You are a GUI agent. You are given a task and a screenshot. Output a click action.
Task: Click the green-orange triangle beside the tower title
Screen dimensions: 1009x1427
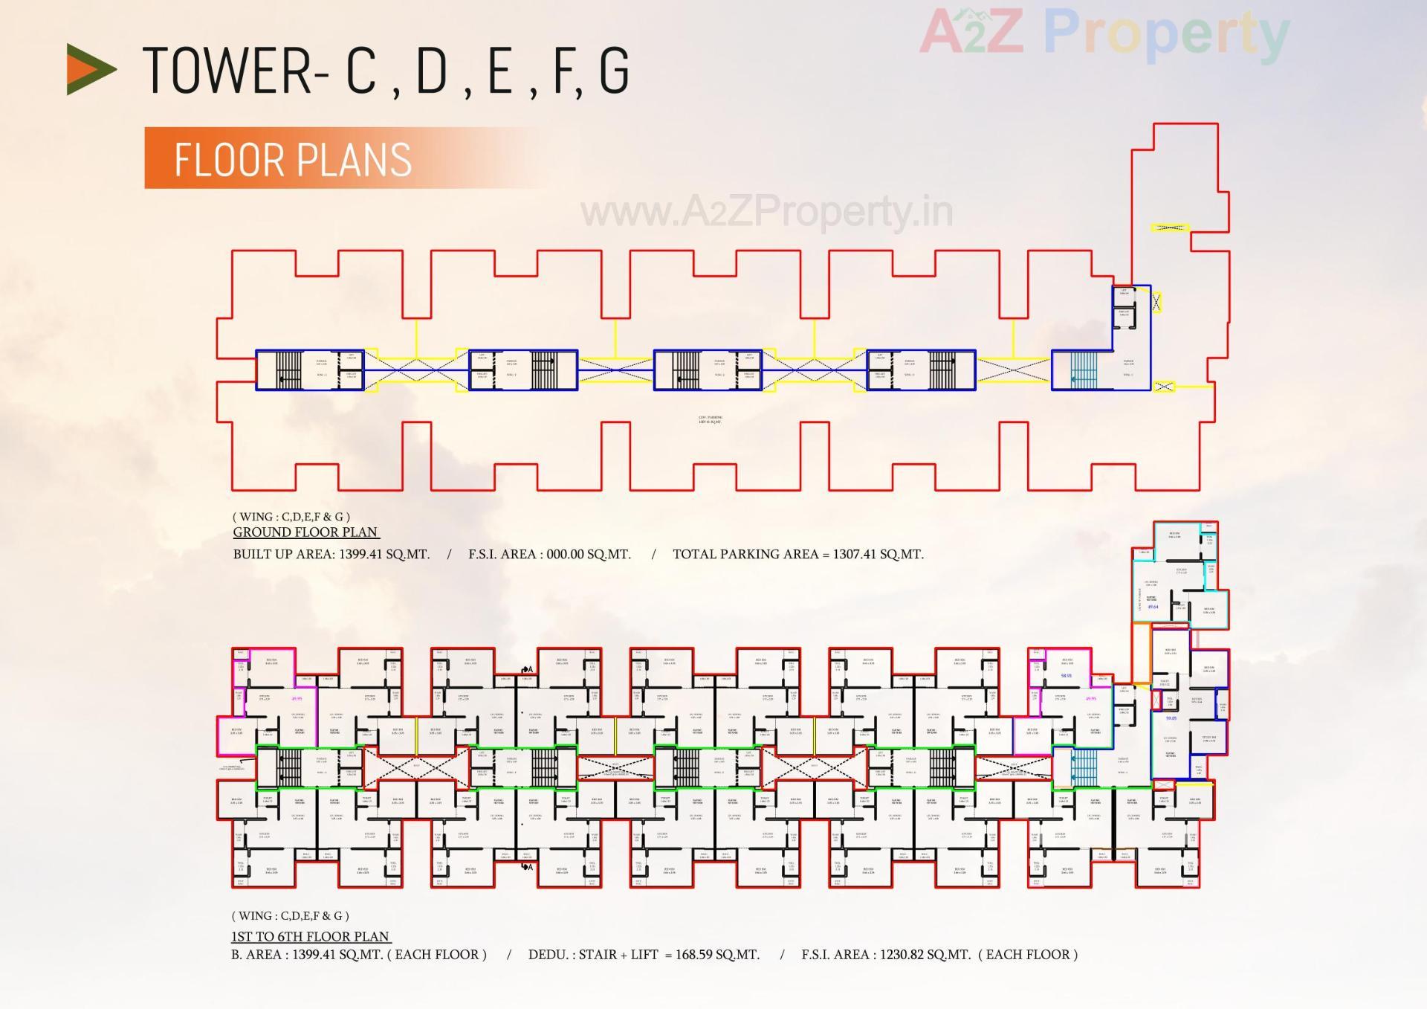pyautogui.click(x=91, y=69)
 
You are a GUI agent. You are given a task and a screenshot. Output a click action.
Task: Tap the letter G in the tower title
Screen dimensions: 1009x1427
pyautogui.click(x=614, y=71)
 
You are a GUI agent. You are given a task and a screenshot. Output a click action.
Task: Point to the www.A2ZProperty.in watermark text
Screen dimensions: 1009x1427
pyautogui.click(x=766, y=212)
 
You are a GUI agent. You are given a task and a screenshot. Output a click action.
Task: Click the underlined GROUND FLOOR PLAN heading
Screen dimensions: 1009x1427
pyautogui.click(x=305, y=532)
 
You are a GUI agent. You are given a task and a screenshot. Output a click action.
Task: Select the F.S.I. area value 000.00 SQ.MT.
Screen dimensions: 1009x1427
pyautogui.click(x=589, y=555)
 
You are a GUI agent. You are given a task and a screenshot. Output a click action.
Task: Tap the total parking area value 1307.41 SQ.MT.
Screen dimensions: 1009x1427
pyautogui.click(x=878, y=555)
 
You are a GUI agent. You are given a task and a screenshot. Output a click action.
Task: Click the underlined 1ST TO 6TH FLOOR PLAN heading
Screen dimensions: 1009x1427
pyautogui.click(x=311, y=937)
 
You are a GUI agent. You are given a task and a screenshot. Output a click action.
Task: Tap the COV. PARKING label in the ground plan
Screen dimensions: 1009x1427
pyautogui.click(x=711, y=419)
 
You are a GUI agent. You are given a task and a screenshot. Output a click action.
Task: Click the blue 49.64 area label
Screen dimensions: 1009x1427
pyautogui.click(x=1153, y=607)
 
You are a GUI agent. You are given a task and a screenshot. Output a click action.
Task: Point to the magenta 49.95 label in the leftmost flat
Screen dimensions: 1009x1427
pyautogui.click(x=297, y=699)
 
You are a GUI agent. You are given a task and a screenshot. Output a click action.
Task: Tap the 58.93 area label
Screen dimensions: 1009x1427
pyautogui.click(x=1067, y=676)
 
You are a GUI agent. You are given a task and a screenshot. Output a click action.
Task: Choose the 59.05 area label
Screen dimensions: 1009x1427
pyautogui.click(x=1171, y=718)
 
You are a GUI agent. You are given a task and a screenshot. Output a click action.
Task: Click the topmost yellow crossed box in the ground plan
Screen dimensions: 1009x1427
pyautogui.click(x=1170, y=228)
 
